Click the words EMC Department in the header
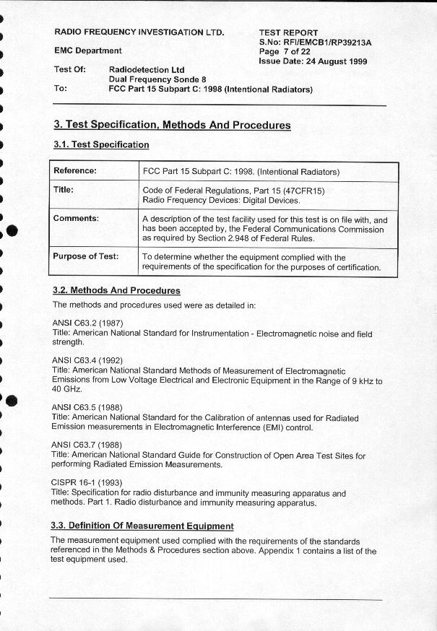[88, 51]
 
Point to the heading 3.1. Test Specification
[101, 144]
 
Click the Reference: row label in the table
[75, 171]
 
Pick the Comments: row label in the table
[76, 218]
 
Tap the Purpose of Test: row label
[85, 256]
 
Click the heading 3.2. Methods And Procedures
[116, 290]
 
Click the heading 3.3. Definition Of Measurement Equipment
[142, 526]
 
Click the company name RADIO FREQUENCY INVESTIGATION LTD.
[139, 32]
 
